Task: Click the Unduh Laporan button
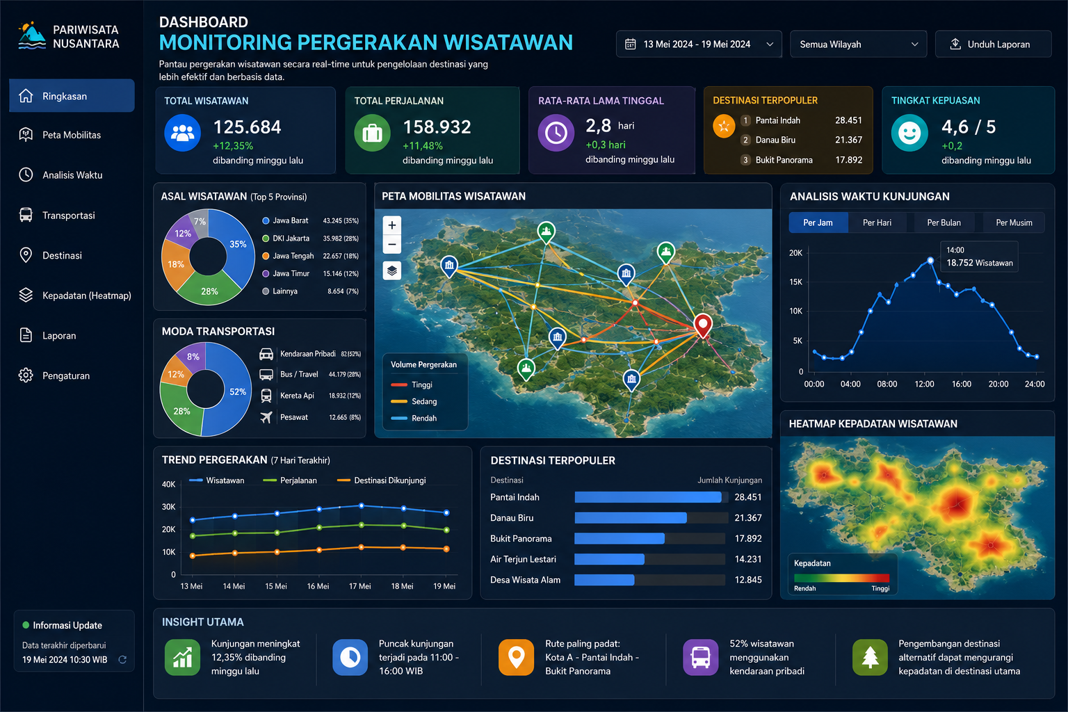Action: pos(993,44)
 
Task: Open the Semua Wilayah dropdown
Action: pos(858,44)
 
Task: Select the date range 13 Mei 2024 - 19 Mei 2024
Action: pos(699,44)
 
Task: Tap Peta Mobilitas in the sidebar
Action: pos(72,135)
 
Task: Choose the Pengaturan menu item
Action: pos(66,375)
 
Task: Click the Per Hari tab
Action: pos(877,222)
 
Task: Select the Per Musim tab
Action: pos(1014,222)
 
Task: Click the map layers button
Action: pos(392,271)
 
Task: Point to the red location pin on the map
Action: pos(703,325)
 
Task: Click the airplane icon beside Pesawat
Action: pos(266,417)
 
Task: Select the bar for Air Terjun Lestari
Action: pos(609,560)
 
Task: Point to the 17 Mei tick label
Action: pos(359,586)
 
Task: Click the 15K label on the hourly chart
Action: pos(795,282)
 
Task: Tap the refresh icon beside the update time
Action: pos(122,660)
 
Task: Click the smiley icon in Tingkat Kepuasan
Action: pos(909,133)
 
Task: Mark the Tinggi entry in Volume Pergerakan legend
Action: pos(412,385)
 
